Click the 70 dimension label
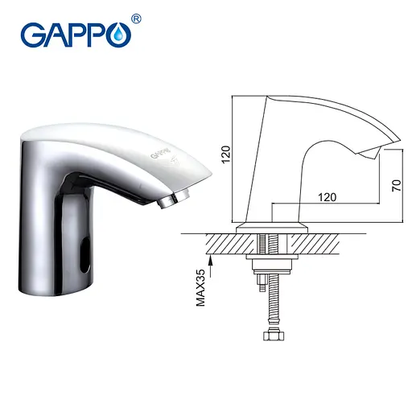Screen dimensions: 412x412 (395, 184)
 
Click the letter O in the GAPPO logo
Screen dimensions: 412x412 (119, 36)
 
